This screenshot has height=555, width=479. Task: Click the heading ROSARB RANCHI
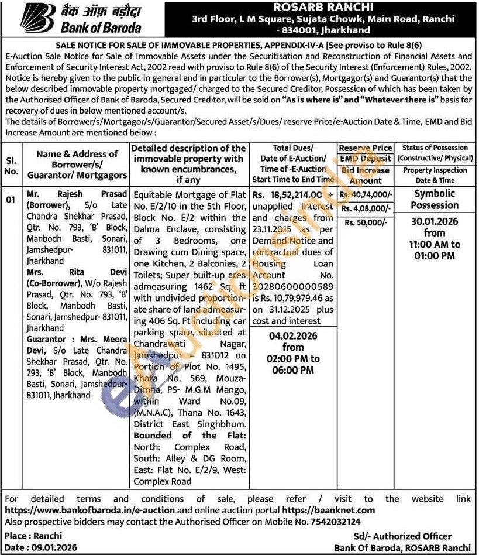click(323, 8)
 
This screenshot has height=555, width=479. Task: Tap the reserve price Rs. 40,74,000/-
click(366, 195)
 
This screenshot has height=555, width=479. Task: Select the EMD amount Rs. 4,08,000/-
click(366, 208)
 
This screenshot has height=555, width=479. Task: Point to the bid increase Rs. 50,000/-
click(366, 222)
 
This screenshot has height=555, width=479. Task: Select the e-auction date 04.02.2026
click(293, 336)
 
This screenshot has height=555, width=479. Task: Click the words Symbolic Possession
click(435, 199)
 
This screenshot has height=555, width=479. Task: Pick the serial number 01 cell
click(11, 200)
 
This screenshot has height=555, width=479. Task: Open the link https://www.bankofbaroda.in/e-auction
click(89, 510)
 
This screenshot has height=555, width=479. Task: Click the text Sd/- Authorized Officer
click(402, 536)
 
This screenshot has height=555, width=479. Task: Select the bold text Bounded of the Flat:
click(189, 436)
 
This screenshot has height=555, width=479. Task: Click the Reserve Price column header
click(366, 148)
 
